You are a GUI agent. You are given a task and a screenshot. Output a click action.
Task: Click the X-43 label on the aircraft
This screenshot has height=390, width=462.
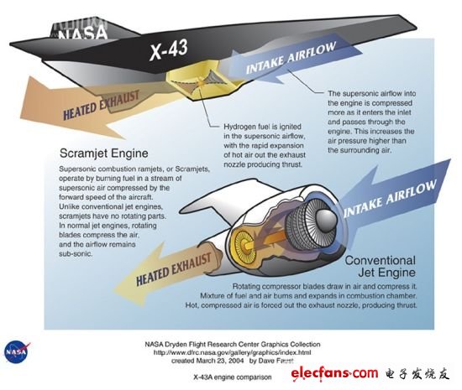click(x=169, y=49)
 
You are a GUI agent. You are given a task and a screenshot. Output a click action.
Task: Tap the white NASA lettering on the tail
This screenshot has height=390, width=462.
click(x=82, y=33)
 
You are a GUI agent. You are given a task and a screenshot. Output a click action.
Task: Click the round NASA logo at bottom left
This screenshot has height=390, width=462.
click(x=17, y=351)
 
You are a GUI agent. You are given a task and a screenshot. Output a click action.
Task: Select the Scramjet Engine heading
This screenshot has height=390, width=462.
click(x=103, y=153)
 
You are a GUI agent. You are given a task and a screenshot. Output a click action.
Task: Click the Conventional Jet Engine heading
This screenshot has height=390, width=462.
click(x=381, y=267)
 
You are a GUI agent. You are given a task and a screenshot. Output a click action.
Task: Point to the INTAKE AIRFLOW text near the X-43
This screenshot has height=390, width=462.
click(x=291, y=58)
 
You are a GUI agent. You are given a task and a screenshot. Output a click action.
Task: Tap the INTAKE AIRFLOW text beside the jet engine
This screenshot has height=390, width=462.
click(x=390, y=198)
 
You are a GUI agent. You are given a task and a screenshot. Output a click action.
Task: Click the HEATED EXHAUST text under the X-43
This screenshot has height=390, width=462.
click(x=102, y=106)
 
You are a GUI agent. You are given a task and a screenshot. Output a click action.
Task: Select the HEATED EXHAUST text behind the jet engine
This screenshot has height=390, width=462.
click(x=174, y=269)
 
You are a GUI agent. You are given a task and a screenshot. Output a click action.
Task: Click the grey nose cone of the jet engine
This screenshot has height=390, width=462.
click(x=326, y=220)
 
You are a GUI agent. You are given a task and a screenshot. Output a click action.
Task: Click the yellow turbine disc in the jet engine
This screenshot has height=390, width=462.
click(x=244, y=244)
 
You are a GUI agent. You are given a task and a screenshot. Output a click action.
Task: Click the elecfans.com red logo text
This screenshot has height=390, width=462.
click(x=334, y=373)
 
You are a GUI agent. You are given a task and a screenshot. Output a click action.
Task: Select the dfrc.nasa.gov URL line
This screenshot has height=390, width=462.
click(x=232, y=352)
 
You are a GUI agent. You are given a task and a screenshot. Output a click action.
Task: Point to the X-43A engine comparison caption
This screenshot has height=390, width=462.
click(x=233, y=377)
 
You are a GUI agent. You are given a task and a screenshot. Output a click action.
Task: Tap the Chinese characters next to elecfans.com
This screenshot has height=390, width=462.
click(x=417, y=373)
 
